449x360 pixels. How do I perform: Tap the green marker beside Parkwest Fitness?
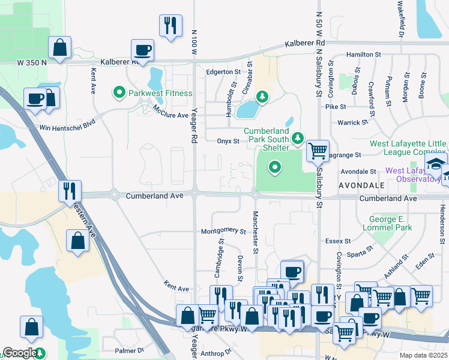pos(119,93)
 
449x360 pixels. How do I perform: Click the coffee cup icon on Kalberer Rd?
pos(143,50)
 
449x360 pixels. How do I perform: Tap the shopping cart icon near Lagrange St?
pos(318,150)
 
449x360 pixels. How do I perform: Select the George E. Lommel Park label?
pos(387,224)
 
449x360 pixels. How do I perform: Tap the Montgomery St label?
pos(223,231)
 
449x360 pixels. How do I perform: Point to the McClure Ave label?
pos(171,112)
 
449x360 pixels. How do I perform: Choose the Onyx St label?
pos(228,142)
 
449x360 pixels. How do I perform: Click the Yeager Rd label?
pos(194,137)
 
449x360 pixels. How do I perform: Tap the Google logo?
pos(20,353)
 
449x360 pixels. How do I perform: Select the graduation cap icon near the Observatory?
pos(436,164)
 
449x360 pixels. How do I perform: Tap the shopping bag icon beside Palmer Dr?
pos(31,327)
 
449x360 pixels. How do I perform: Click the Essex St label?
pos(339,241)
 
